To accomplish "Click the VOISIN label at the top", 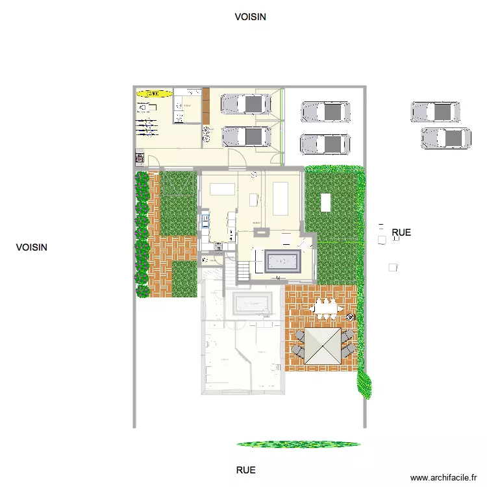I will coord(250,18).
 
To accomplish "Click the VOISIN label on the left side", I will coord(32,247).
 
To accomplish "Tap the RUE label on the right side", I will coord(401,232).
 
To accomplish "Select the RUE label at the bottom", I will coord(245,470).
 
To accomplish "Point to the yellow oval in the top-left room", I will coord(154,94).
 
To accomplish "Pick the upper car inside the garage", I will coord(246,103).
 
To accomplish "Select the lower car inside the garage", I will coord(246,136).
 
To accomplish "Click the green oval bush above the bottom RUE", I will coord(298,444).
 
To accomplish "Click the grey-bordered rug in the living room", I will coord(281,262).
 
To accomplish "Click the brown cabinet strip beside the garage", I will coord(206,105).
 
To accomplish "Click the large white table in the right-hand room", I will coord(281,199).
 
